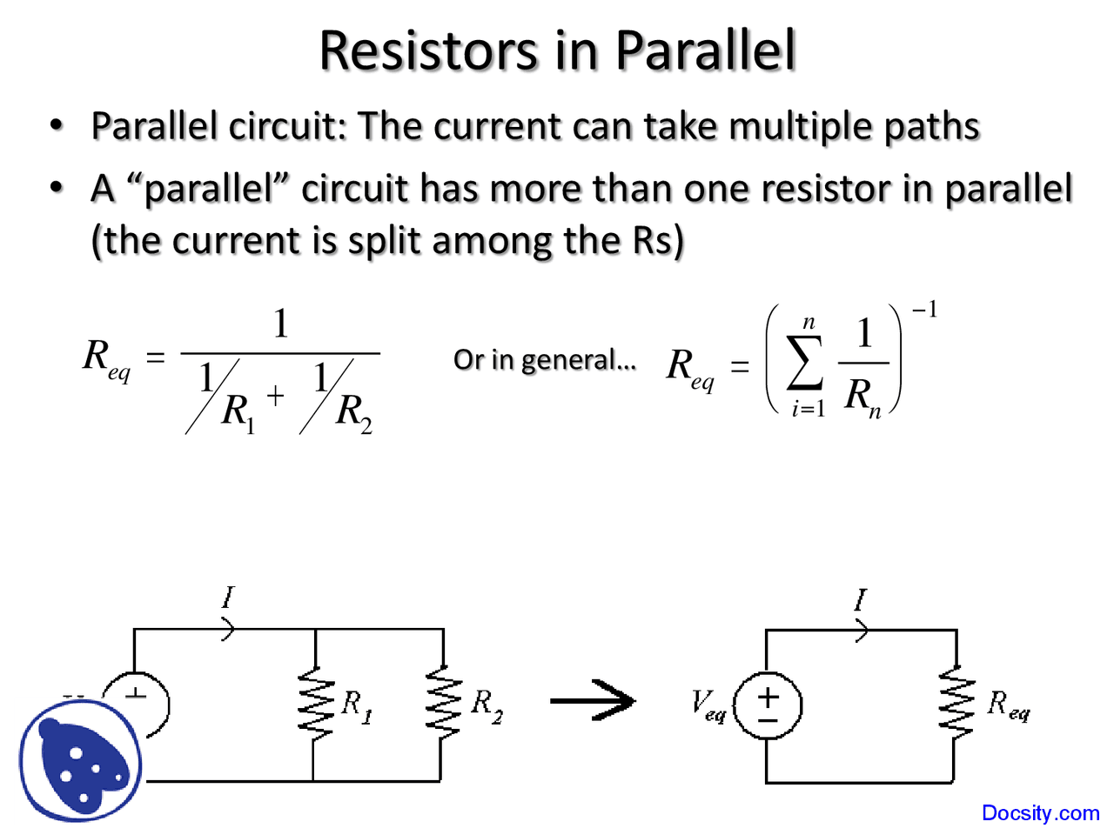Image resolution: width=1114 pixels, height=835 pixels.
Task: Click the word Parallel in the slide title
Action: [x=705, y=50]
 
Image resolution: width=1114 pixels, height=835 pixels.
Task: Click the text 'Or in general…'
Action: [x=544, y=360]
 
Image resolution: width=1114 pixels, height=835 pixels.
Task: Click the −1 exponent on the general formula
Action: [x=923, y=311]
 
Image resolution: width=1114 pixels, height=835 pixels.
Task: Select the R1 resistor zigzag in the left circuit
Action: [x=315, y=703]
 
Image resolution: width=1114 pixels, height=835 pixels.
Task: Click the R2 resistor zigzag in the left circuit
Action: [x=443, y=703]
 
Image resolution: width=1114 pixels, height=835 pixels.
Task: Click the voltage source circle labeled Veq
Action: [x=768, y=705]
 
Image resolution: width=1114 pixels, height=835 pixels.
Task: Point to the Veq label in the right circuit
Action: [x=708, y=705]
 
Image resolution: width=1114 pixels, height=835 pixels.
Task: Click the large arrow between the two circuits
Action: [x=594, y=700]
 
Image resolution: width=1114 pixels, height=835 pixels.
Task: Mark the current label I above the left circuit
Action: [x=228, y=598]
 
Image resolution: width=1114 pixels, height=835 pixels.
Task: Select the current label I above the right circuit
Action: [x=860, y=600]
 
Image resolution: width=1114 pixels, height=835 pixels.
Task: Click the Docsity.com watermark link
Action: [x=1040, y=813]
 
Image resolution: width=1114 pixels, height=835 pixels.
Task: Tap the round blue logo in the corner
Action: [x=80, y=761]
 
